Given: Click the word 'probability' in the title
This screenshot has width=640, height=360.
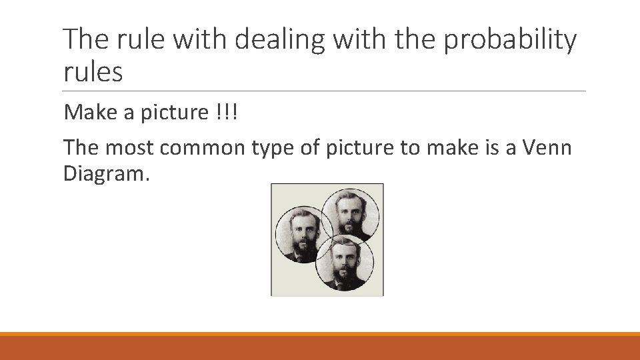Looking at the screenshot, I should tap(510, 41).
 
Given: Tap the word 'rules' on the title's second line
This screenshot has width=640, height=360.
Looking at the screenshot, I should tap(93, 72).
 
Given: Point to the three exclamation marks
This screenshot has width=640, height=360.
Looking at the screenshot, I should tap(227, 113).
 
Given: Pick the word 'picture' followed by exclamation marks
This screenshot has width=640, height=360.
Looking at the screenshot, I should tap(175, 113).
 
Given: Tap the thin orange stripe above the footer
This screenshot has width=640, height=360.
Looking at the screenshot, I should tap(320, 333).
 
